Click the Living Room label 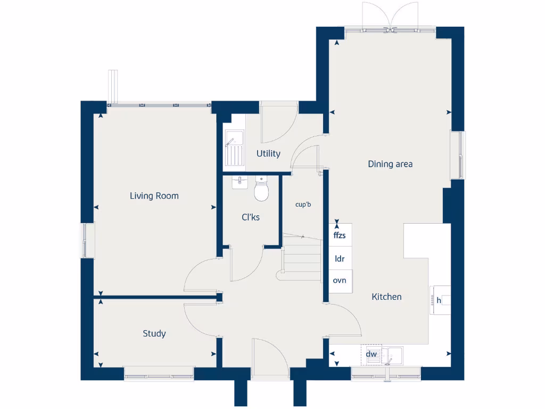pos(154,196)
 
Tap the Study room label pos(154,333)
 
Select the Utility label pos(268,153)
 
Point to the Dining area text pos(390,164)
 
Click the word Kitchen pos(386,297)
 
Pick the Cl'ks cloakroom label pos(251,217)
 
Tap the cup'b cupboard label pos(303,204)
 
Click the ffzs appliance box pos(340,235)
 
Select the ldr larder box pos(340,258)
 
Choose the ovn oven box pos(340,281)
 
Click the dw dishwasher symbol pos(371,354)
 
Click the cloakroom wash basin pos(240,183)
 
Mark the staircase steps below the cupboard pos(301,258)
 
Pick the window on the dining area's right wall pos(458,155)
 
